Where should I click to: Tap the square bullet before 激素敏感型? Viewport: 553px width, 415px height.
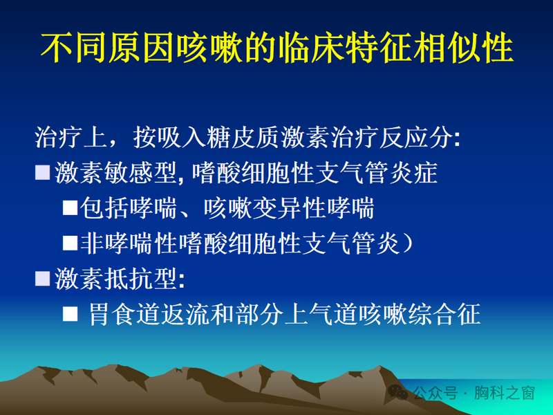click(43, 171)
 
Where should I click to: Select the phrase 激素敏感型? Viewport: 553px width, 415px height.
click(116, 172)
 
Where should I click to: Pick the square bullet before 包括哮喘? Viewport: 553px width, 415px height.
click(71, 206)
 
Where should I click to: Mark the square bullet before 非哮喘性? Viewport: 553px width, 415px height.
click(71, 241)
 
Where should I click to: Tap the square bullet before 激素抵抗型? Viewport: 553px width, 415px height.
click(43, 278)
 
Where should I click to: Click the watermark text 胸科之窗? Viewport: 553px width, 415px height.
click(510, 394)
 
